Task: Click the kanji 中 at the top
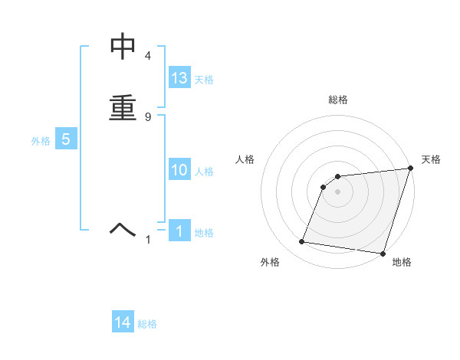point(123,47)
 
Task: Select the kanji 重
point(123,107)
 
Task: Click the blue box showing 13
point(179,78)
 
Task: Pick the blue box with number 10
point(179,170)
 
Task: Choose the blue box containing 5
point(66,139)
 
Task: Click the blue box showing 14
point(123,323)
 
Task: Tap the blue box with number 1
point(179,231)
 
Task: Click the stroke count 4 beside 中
point(148,56)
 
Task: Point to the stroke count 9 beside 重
point(148,116)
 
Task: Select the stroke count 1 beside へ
point(149,240)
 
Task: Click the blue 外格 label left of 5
point(40,141)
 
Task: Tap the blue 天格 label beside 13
point(204,80)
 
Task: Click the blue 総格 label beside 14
point(147,325)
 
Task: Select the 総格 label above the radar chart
point(338,100)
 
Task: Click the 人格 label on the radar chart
point(245,159)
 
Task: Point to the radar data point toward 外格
point(302,242)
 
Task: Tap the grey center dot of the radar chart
point(338,191)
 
